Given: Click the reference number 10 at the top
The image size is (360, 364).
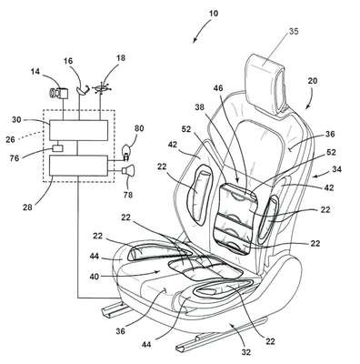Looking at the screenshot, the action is point(214,14).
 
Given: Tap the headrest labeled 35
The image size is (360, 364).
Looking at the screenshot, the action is point(266,83).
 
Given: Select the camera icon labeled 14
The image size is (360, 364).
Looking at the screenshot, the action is point(58,92).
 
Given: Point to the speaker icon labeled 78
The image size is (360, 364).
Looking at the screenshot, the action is point(128,171).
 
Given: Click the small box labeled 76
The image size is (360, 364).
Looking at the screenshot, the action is point(57,148).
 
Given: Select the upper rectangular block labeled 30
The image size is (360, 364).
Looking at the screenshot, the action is point(78,130).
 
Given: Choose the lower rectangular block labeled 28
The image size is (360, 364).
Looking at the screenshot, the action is point(78,166).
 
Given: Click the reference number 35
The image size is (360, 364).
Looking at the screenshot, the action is point(294,31).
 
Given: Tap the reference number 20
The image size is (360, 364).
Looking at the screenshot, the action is point(313,81).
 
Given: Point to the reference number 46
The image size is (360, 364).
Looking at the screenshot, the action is point(218,88).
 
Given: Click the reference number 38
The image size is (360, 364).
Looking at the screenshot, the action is point(200,107).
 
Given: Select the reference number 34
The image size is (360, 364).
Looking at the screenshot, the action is point(336,169).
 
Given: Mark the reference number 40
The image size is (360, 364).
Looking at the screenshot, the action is point(95,277).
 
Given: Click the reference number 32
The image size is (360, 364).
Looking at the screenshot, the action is point(246,352).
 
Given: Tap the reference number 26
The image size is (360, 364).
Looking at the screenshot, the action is point(10,139).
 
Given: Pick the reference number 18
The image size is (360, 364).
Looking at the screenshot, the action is point(121,57).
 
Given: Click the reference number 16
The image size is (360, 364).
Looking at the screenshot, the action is point(68,61).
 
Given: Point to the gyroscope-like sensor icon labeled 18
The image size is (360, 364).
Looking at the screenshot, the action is point(102,88).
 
